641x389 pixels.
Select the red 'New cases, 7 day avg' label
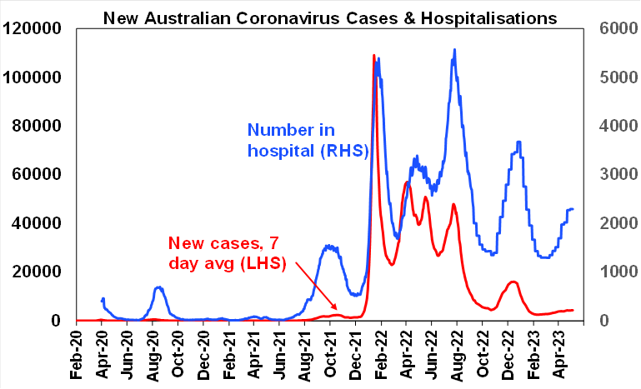point(227,253)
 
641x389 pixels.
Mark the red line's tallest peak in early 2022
point(373,56)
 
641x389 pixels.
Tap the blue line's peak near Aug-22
point(454,50)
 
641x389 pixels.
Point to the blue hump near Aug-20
point(158,287)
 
